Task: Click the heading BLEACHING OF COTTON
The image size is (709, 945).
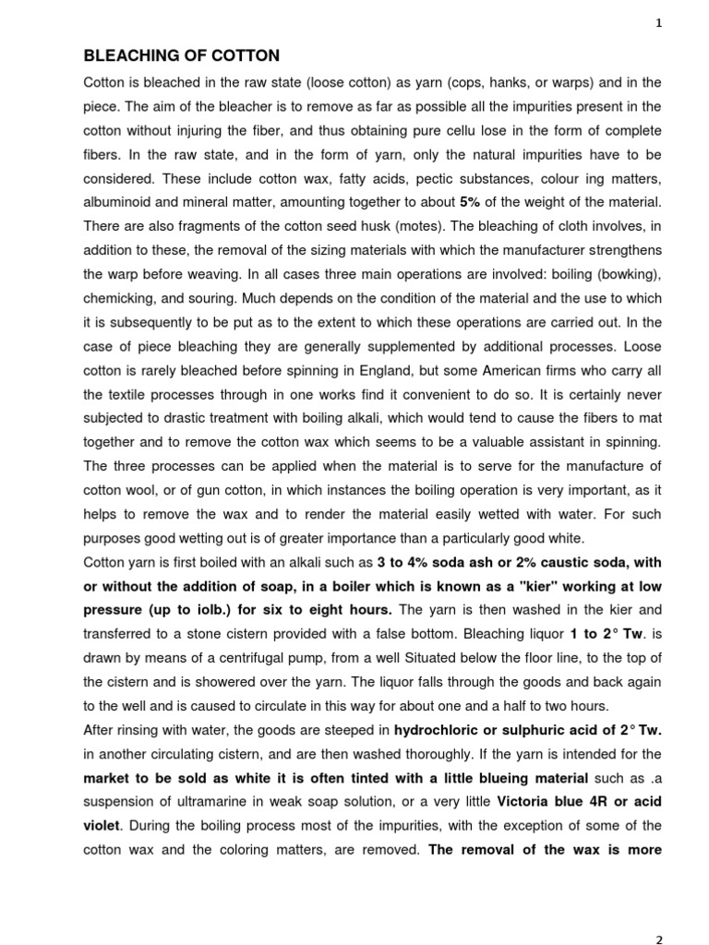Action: tap(182, 56)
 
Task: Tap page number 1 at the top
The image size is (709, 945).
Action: tap(658, 24)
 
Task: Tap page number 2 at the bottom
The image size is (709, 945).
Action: tap(658, 940)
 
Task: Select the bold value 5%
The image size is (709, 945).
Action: tap(470, 201)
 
